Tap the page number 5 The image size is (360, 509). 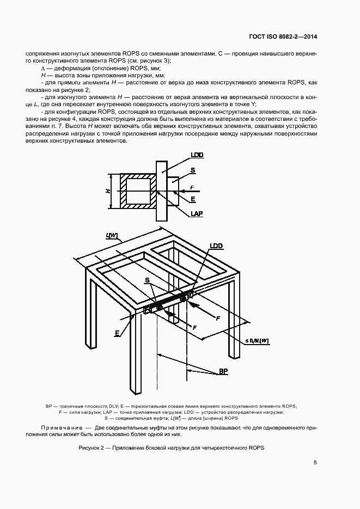pos(315,463)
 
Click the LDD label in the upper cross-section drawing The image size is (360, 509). pos(197,155)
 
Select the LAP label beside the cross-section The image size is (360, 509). pos(197,214)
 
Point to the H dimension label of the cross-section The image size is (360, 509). pos(108,191)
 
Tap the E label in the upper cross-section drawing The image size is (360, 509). pos(193,200)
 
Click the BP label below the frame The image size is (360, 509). pos(223,371)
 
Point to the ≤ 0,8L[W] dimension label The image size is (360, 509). pos(257,340)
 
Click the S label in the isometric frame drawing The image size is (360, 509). pos(147,280)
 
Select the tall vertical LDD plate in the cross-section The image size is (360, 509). pos(161,191)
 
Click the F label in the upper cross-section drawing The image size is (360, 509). pos(192,188)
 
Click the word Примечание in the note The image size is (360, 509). pos(60,428)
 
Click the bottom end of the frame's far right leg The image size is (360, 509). pos(234,357)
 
